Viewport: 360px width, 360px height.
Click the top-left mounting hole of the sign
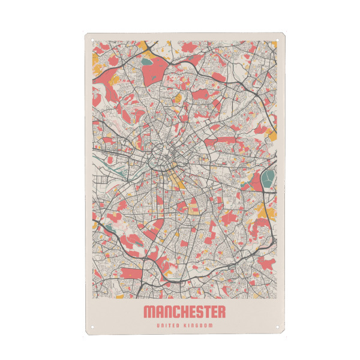point(92,40)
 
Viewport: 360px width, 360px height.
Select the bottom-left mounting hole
point(92,328)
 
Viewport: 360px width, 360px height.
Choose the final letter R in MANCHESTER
point(223,312)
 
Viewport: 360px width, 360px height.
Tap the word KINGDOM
point(200,326)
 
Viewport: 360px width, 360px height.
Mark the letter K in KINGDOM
point(187,326)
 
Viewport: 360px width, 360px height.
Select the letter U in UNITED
point(157,326)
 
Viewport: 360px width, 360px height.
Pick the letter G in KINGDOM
point(200,326)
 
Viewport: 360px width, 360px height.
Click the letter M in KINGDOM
point(214,326)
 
